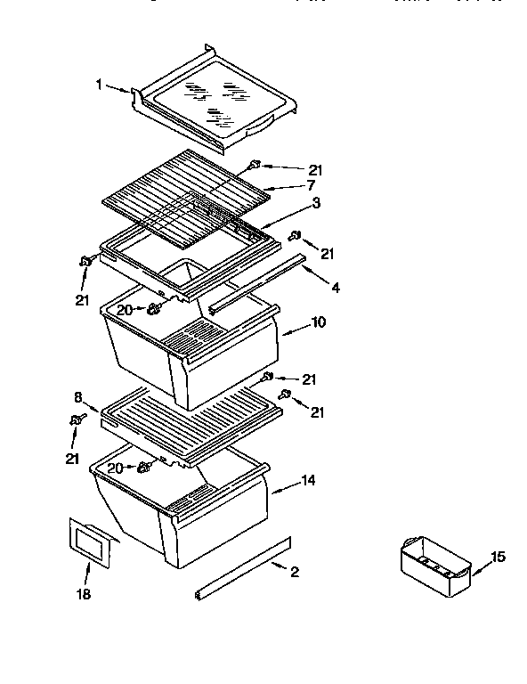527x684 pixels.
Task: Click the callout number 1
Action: tap(100, 85)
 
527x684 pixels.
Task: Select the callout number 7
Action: tap(312, 186)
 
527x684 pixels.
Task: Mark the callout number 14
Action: tap(307, 481)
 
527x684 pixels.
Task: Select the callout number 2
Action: tap(294, 572)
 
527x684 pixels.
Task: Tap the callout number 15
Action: tap(498, 557)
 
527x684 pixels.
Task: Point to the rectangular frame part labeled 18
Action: tap(91, 541)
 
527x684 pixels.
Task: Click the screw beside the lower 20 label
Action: tap(142, 468)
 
